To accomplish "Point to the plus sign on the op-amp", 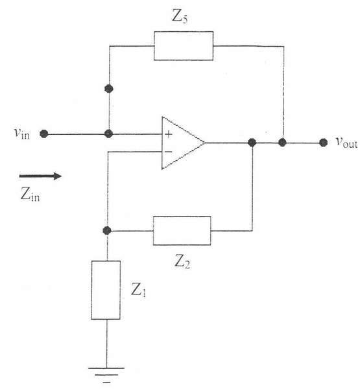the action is [169, 134].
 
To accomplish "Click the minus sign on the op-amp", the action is [169, 152].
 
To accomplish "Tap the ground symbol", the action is [106, 375].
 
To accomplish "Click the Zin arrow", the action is [40, 176].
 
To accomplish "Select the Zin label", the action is [30, 194].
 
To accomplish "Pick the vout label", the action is [347, 143].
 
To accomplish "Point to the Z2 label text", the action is [182, 262].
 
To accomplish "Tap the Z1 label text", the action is [139, 290].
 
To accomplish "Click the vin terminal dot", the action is [44, 134].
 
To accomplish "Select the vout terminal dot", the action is [323, 143].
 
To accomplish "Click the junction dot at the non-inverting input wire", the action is [109, 134].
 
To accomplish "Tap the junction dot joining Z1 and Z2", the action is [107, 230].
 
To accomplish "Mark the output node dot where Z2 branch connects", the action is [252, 143].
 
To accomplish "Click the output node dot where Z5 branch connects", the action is [282, 143].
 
